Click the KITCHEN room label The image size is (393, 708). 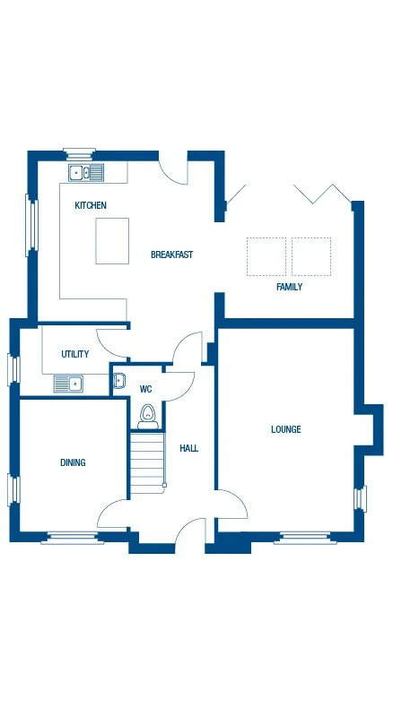(91, 205)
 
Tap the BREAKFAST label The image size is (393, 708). (171, 255)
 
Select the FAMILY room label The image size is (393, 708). (289, 288)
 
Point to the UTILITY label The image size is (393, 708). (74, 354)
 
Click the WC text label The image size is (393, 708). (145, 390)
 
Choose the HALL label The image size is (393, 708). (188, 448)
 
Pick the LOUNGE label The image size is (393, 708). (286, 429)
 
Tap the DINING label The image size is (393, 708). (73, 462)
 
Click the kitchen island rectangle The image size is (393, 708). (112, 241)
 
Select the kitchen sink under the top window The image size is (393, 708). (86, 171)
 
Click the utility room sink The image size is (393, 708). (68, 384)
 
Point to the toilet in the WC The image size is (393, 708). (148, 417)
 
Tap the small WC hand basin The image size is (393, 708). (118, 381)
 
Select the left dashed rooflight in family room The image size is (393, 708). (266, 255)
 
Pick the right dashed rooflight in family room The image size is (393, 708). (311, 255)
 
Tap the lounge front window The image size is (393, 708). (308, 539)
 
